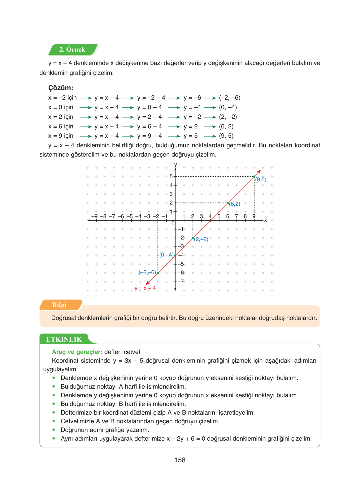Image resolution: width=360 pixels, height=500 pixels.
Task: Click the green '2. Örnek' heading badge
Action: click(x=72, y=50)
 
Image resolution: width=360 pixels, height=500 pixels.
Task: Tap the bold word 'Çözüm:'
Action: click(x=61, y=88)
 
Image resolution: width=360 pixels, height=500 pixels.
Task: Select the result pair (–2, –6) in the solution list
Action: click(x=229, y=98)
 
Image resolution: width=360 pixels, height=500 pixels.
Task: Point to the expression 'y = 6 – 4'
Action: click(x=150, y=126)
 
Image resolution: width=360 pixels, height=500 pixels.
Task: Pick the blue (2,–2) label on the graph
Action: click(x=201, y=239)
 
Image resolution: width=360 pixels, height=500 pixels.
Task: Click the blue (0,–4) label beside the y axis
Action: click(x=166, y=255)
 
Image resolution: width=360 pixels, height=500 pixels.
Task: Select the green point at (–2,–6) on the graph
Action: click(x=158, y=273)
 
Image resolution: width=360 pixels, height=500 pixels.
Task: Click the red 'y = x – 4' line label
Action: click(x=145, y=288)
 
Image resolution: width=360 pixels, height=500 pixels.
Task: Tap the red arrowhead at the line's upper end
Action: click(x=259, y=171)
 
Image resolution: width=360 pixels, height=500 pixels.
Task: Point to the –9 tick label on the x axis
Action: click(x=94, y=216)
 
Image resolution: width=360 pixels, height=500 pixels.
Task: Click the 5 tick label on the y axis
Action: click(x=171, y=176)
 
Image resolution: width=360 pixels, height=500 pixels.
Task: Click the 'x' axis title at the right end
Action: click(x=265, y=220)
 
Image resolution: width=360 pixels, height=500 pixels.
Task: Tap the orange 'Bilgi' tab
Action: click(x=59, y=305)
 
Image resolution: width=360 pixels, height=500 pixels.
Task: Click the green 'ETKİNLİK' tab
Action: click(x=64, y=339)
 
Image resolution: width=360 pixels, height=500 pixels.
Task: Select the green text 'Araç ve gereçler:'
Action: click(x=77, y=352)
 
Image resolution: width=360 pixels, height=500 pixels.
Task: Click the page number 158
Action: click(x=180, y=460)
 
